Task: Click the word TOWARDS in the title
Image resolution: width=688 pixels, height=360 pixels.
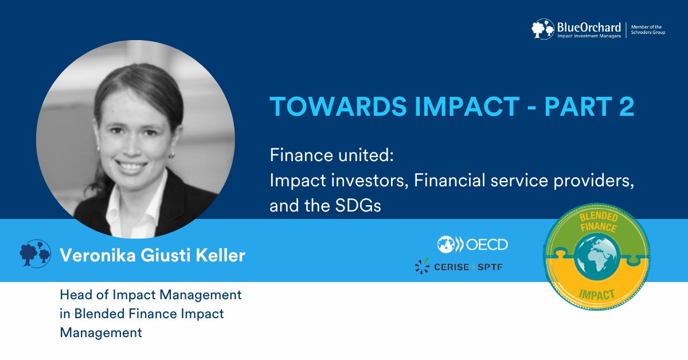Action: pyautogui.click(x=338, y=107)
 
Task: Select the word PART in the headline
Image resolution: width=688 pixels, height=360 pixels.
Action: pyautogui.click(x=578, y=107)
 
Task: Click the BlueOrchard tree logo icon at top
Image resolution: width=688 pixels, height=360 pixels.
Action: pyautogui.click(x=543, y=29)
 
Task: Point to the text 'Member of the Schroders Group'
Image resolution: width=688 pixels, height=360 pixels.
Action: pyautogui.click(x=648, y=29)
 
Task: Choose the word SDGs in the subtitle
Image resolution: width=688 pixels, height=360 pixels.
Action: pyautogui.click(x=358, y=205)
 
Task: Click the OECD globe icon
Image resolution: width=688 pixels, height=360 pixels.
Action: pyautogui.click(x=446, y=245)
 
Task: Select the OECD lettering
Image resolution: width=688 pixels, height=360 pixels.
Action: pyautogui.click(x=487, y=245)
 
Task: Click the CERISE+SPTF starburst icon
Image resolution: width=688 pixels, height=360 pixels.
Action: pyautogui.click(x=423, y=265)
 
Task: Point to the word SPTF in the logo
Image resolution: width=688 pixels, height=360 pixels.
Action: pyautogui.click(x=490, y=267)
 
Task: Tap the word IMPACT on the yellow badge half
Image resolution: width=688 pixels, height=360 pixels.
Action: pyautogui.click(x=596, y=295)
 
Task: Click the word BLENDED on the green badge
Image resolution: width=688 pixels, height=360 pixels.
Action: pyautogui.click(x=599, y=217)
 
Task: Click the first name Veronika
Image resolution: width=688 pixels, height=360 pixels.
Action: pyautogui.click(x=97, y=255)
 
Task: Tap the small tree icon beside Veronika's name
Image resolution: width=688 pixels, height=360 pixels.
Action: pyautogui.click(x=36, y=254)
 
